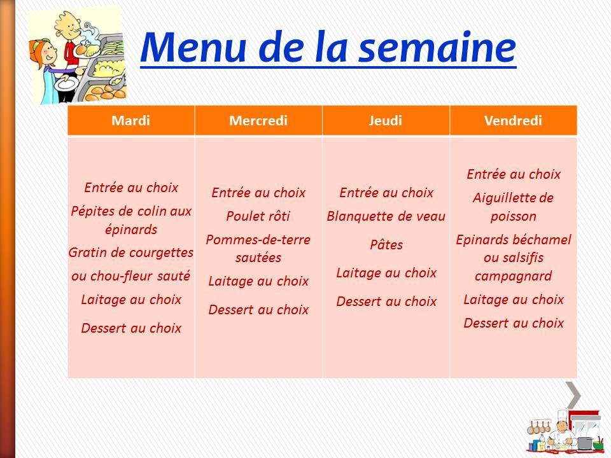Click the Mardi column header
coord(130,121)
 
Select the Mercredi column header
coord(258,121)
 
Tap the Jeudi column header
coord(386,121)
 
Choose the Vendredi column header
coord(513,121)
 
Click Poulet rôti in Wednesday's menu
coord(258,216)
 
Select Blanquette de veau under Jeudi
coord(386,216)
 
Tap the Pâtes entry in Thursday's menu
coord(386,244)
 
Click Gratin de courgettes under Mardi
coord(130,253)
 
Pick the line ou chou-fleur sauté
coord(130,276)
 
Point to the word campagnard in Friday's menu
coord(513,276)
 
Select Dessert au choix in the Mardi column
coord(130,328)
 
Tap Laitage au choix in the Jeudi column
coord(386,273)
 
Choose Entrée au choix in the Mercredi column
coord(258,193)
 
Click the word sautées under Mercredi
coord(258,258)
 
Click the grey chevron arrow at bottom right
coord(574,395)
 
